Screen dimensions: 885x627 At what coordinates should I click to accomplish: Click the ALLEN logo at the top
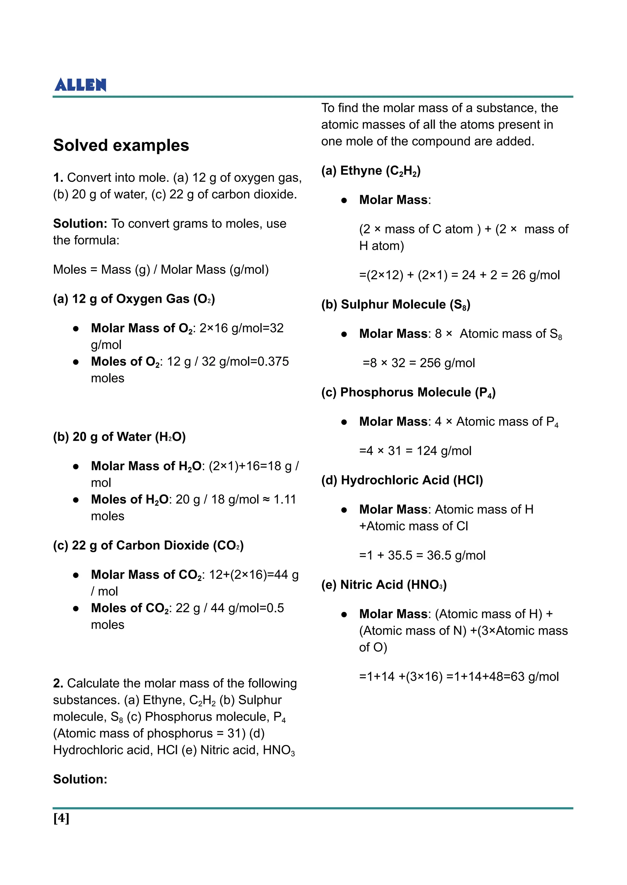[80, 84]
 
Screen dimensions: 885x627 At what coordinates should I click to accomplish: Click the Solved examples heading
[121, 145]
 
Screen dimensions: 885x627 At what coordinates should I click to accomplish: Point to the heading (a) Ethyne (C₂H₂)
[371, 170]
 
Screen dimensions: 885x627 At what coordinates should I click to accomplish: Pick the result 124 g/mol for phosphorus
[444, 451]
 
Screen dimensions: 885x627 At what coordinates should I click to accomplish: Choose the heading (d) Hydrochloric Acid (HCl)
[402, 480]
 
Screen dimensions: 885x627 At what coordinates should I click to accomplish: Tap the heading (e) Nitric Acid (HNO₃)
[384, 585]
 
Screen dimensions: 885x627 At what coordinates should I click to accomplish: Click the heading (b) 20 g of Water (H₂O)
[119, 437]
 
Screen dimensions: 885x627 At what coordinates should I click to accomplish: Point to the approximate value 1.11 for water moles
[284, 499]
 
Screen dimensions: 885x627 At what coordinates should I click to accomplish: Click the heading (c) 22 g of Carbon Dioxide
[148, 545]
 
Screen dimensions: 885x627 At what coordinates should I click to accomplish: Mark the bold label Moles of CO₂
[130, 608]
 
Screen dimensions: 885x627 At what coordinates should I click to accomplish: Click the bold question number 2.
[58, 683]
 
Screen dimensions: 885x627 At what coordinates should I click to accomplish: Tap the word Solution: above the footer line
[80, 779]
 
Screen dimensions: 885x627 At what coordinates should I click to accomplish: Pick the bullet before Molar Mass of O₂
[76, 329]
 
